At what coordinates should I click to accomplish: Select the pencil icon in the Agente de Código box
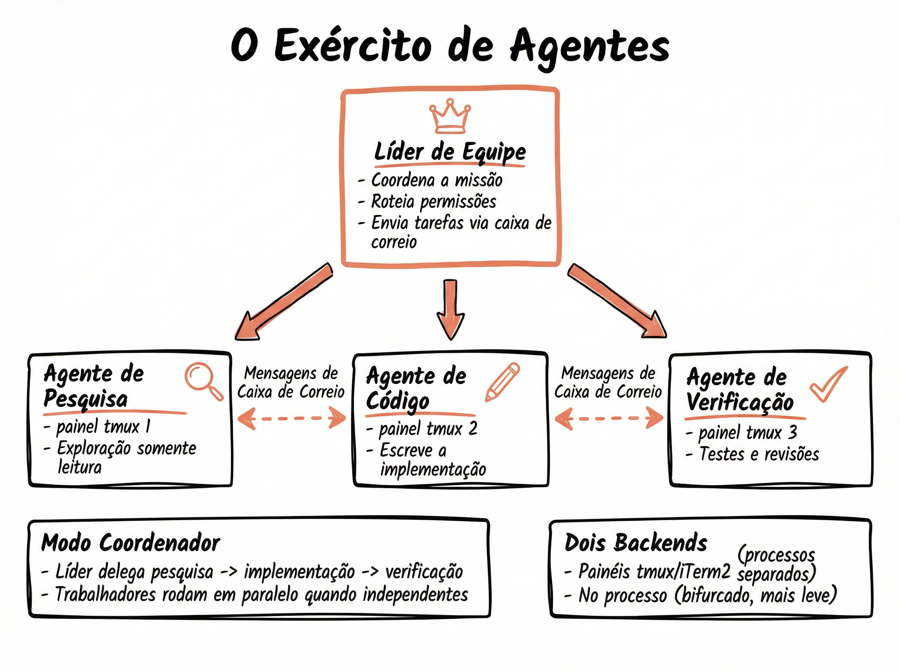[502, 382]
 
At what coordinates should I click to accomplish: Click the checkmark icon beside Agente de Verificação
[828, 384]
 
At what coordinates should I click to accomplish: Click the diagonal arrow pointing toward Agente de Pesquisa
[285, 301]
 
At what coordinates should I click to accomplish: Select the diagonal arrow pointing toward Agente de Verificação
[616, 301]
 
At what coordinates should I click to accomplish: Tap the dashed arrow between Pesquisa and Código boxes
[292, 418]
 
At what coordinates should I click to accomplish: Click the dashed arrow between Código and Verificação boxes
[609, 418]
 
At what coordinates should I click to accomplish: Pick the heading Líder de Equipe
[450, 152]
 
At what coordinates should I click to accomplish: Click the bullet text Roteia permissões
[433, 201]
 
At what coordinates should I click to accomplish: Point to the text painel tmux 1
[103, 427]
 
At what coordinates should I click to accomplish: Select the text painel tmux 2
[428, 429]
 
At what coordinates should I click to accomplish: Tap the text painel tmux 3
[747, 432]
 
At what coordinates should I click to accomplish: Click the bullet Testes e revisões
[759, 454]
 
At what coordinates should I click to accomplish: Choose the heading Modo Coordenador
[130, 543]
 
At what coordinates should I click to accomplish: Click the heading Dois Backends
[636, 543]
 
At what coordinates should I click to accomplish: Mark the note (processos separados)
[776, 565]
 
